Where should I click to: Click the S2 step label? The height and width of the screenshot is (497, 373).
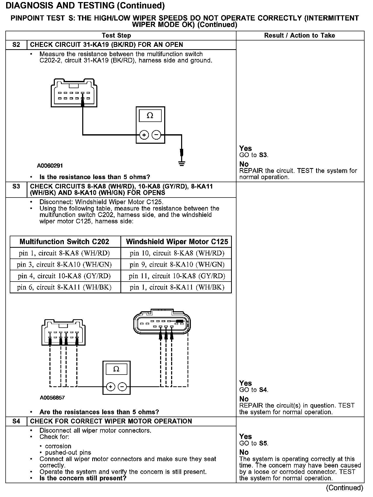pos(16,45)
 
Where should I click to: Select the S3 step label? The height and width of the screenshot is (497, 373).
pos(16,187)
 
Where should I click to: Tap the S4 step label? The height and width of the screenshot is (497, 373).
pos(16,421)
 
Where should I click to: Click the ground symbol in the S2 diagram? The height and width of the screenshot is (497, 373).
pos(182,163)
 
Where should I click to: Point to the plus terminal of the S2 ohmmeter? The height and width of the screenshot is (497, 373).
pos(144,135)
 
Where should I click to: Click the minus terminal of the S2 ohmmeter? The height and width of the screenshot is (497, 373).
pos(157,135)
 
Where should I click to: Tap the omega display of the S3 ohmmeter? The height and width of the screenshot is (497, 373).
pos(116,369)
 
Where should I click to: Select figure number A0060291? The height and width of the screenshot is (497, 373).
pos(50,166)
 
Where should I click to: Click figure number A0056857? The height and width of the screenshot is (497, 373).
pos(52,398)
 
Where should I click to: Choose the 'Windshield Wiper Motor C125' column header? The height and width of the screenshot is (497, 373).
pos(177,242)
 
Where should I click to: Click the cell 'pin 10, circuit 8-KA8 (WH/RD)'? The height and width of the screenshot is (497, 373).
pos(177,253)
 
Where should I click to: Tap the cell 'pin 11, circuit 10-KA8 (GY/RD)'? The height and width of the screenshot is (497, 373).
pos(177,276)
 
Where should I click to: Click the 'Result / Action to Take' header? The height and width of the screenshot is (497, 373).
pos(299,36)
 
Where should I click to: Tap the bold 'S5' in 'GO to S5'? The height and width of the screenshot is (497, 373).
pos(263,443)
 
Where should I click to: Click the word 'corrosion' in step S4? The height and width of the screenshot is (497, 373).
pos(58,446)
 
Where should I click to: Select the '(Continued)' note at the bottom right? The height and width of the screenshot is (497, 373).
pos(345,488)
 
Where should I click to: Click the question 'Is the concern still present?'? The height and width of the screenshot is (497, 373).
pos(83,478)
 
